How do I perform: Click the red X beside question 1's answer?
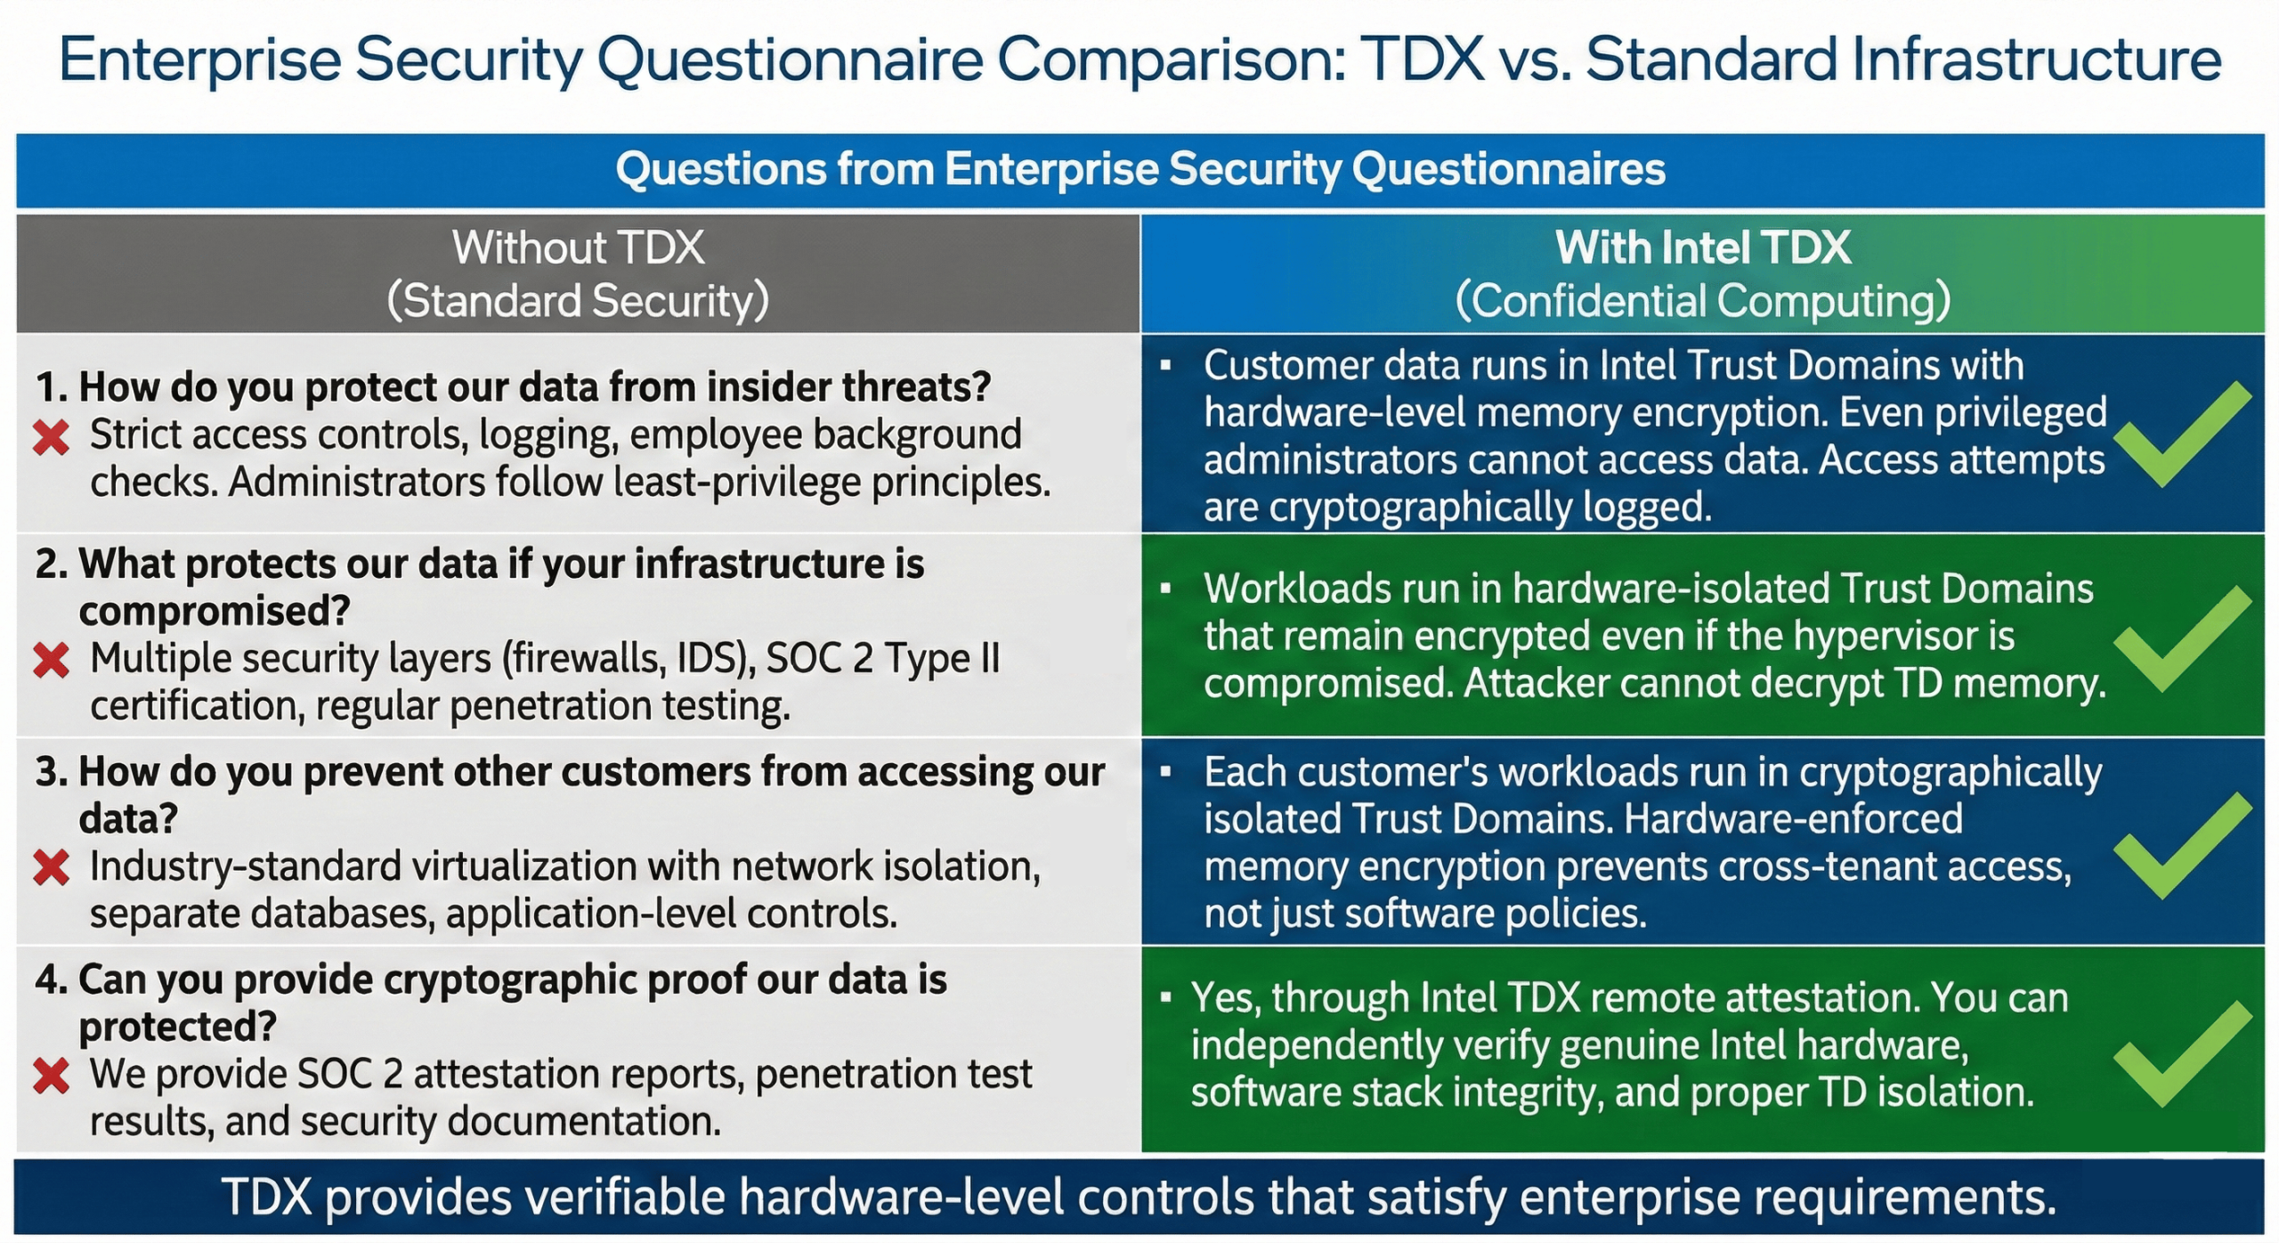51,437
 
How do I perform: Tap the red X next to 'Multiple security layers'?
51,661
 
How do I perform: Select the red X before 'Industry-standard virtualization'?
51,867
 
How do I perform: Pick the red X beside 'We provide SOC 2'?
51,1076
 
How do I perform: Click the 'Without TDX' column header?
578,248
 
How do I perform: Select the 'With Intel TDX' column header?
1702,248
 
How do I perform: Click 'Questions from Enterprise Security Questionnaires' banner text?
1139,169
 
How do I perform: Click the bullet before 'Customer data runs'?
1165,366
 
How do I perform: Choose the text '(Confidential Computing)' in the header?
1702,301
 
